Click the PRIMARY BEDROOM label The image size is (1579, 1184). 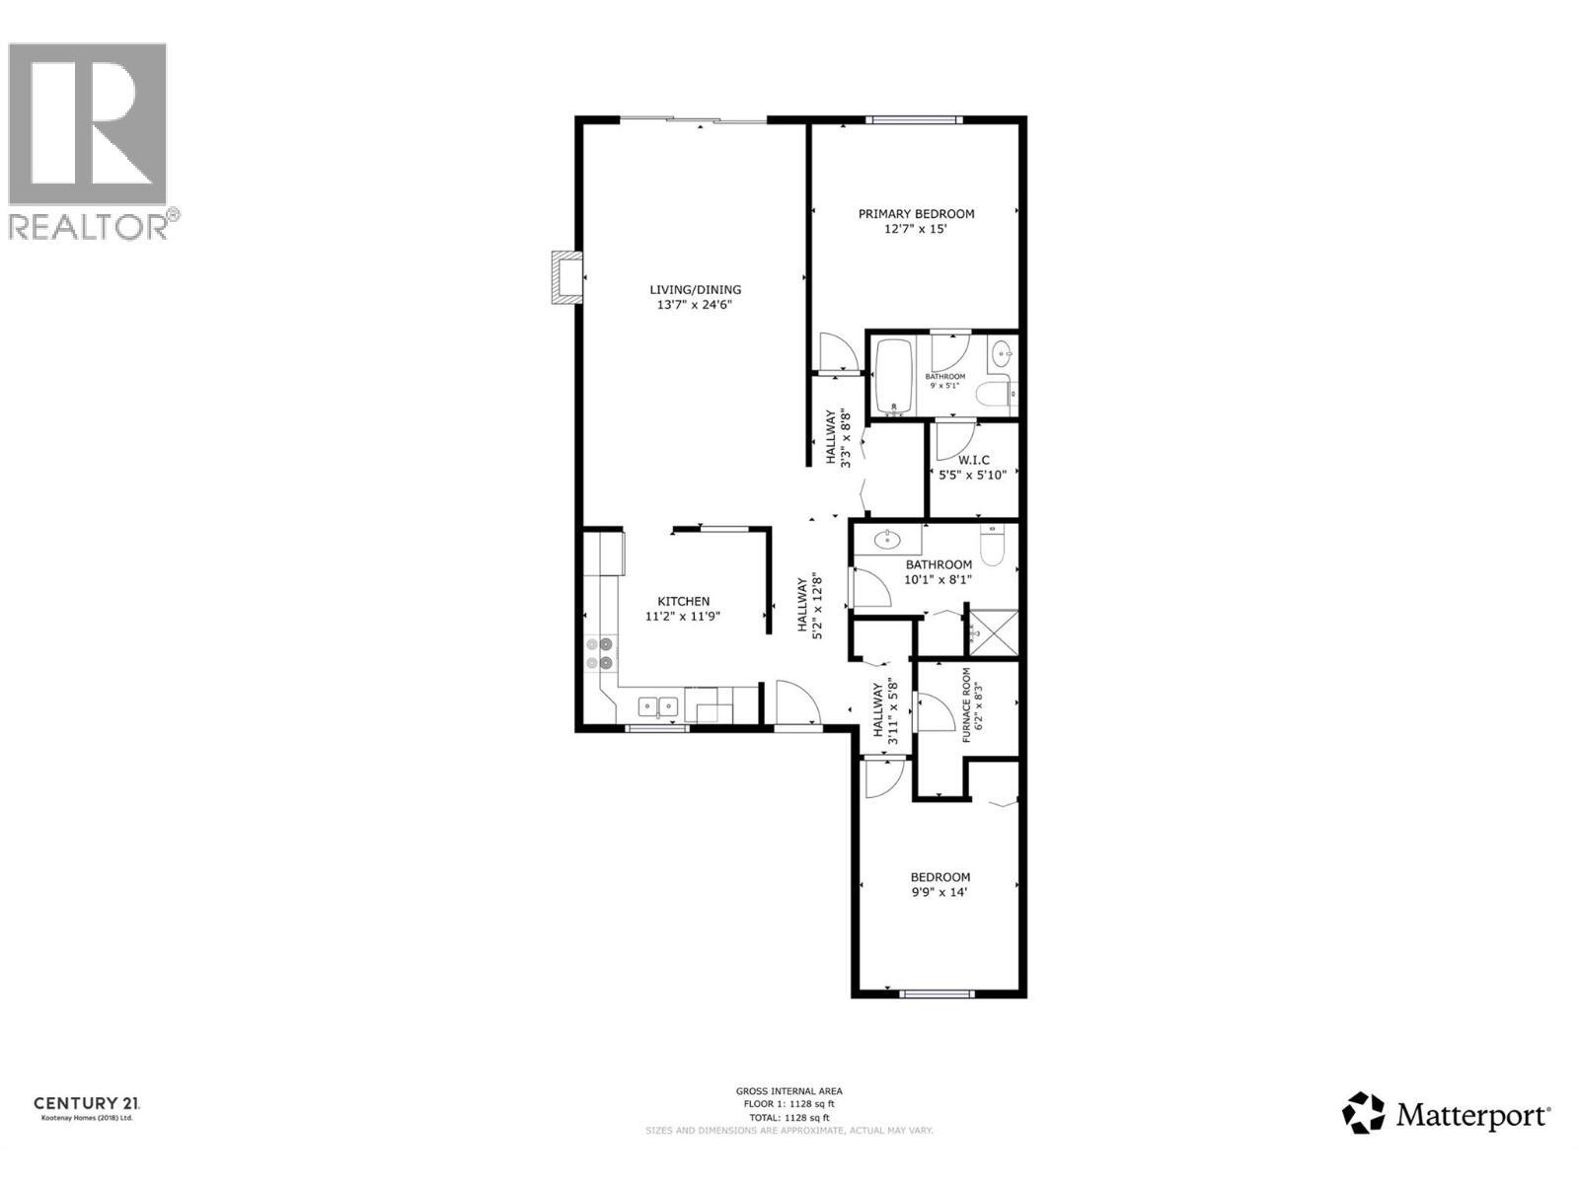click(916, 214)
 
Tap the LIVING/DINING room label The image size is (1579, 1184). click(695, 290)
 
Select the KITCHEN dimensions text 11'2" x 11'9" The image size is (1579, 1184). click(683, 617)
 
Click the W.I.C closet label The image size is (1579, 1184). click(973, 460)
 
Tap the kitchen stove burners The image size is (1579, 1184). click(599, 653)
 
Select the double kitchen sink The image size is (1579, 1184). click(657, 705)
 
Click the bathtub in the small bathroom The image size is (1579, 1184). click(895, 376)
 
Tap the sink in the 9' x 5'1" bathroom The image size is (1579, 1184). click(1002, 351)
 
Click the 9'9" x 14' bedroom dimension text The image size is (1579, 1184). click(939, 892)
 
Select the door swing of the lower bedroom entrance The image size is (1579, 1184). click(878, 778)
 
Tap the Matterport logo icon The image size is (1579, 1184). click(1363, 1113)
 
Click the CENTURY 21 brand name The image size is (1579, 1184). click(87, 1103)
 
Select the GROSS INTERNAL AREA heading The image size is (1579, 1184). click(789, 1091)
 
